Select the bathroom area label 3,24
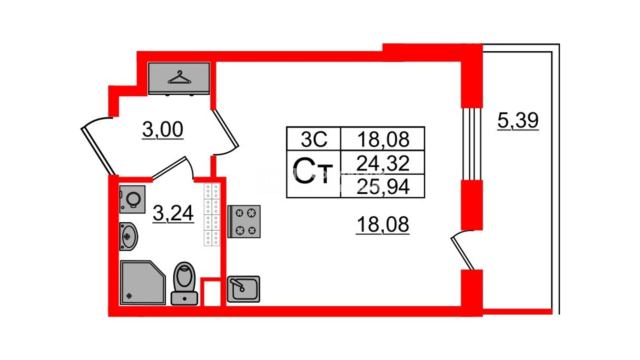[x=173, y=213]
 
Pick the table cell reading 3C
[x=314, y=139]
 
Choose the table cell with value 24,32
[x=383, y=163]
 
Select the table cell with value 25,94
[x=383, y=186]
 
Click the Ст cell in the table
[x=313, y=174]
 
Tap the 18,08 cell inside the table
[x=383, y=139]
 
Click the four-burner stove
[x=244, y=221]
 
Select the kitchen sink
[x=243, y=289]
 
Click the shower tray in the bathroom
[x=143, y=283]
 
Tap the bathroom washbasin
[x=128, y=236]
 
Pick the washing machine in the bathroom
[x=132, y=199]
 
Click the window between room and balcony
[x=472, y=144]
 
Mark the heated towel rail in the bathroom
[x=212, y=215]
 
